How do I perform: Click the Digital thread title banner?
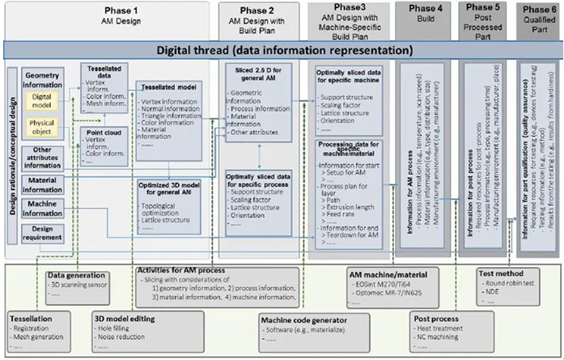[x=281, y=50]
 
